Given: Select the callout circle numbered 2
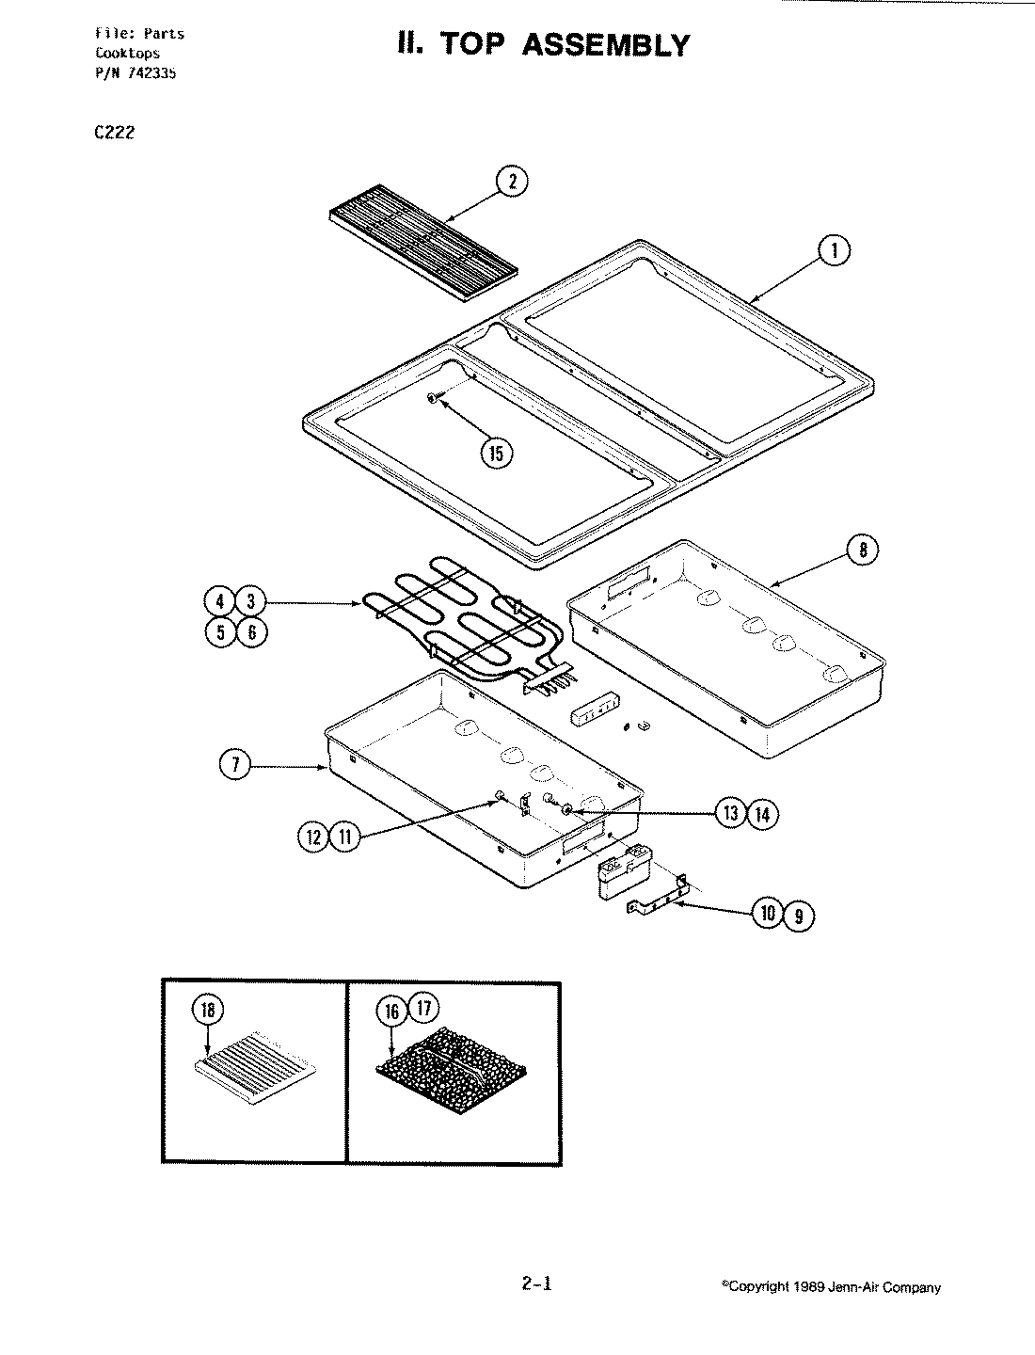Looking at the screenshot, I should coord(512,183).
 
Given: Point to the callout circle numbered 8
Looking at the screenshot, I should coord(863,549).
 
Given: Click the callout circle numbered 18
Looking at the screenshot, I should coord(208,1010).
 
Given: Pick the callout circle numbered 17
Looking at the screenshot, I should coord(423,1009).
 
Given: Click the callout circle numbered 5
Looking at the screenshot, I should coord(220,631).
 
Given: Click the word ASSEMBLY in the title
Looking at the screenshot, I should coord(604,45).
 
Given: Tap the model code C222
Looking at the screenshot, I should coord(115,133).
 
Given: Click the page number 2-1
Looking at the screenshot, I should coord(535,1283).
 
